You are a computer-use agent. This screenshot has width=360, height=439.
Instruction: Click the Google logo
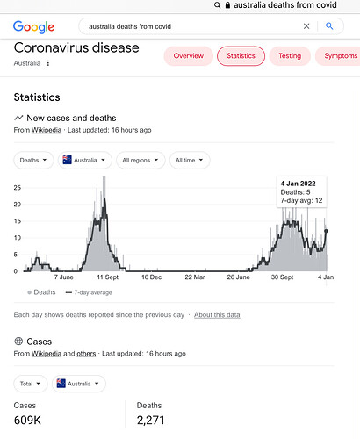tap(33, 27)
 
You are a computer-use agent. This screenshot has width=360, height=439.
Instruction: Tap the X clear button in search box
tap(306, 26)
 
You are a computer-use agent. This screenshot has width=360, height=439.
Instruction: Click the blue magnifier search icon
tap(329, 26)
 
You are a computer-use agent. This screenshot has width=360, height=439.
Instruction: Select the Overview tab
tap(188, 56)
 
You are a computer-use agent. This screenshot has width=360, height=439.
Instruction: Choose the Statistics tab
tap(241, 56)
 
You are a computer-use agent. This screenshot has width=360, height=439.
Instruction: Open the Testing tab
tap(290, 56)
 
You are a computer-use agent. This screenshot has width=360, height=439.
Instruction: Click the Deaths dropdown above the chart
tap(33, 160)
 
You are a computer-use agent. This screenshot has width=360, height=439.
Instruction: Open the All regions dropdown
tap(140, 160)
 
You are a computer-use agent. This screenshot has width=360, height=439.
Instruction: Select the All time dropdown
tap(190, 160)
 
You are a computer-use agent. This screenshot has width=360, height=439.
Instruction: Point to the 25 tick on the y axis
tap(18, 188)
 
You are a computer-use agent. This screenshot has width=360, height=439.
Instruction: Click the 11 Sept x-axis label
tap(107, 277)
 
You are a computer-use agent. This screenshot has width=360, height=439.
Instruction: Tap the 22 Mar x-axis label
tap(195, 277)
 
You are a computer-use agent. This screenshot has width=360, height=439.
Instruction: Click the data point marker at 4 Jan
tap(327, 231)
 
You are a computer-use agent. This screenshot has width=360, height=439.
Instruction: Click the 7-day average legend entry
tap(89, 292)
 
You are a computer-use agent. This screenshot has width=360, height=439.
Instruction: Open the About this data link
tap(217, 315)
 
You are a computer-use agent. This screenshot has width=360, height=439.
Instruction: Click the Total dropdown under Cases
tap(31, 384)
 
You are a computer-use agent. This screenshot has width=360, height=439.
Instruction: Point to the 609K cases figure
tap(27, 421)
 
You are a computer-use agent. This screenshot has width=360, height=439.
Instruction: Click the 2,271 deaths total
tap(150, 421)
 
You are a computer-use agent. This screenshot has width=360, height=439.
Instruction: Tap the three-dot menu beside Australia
tap(48, 63)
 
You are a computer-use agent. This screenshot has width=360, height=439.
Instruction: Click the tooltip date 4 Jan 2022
tap(298, 184)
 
